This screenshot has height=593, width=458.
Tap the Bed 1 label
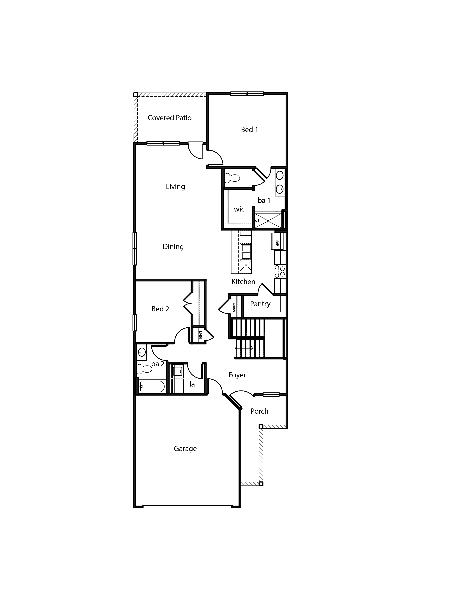tap(249, 130)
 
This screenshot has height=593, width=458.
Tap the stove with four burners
tap(280, 271)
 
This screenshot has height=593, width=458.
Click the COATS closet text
tap(234, 307)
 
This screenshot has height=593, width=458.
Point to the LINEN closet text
tap(200, 335)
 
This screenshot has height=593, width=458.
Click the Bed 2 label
tap(160, 309)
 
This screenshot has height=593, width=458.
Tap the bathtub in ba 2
tap(152, 386)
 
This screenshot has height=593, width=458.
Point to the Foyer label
tap(237, 375)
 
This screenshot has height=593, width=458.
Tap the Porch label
tap(259, 411)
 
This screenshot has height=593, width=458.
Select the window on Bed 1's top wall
tap(247, 94)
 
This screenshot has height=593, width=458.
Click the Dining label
tap(173, 247)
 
